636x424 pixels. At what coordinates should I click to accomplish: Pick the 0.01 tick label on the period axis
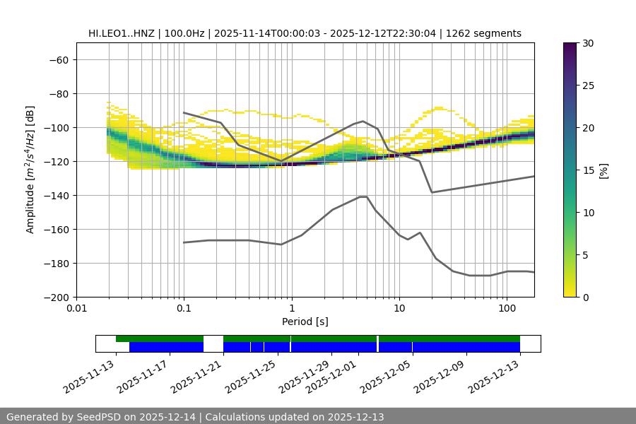click(x=76, y=309)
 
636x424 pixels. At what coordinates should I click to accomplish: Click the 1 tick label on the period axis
click(x=291, y=309)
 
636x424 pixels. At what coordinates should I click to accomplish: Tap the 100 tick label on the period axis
click(x=506, y=309)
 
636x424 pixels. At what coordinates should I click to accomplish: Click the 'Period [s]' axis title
click(x=305, y=322)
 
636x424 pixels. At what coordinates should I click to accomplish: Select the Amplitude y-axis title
click(x=30, y=170)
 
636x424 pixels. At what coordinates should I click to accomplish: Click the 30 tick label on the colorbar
click(x=588, y=43)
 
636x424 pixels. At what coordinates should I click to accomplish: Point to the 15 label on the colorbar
click(x=588, y=170)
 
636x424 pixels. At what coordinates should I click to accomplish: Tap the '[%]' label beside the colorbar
click(x=603, y=170)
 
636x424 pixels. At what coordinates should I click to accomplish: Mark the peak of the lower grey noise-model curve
click(x=363, y=196)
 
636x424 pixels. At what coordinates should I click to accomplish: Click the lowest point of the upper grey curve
click(x=432, y=192)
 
